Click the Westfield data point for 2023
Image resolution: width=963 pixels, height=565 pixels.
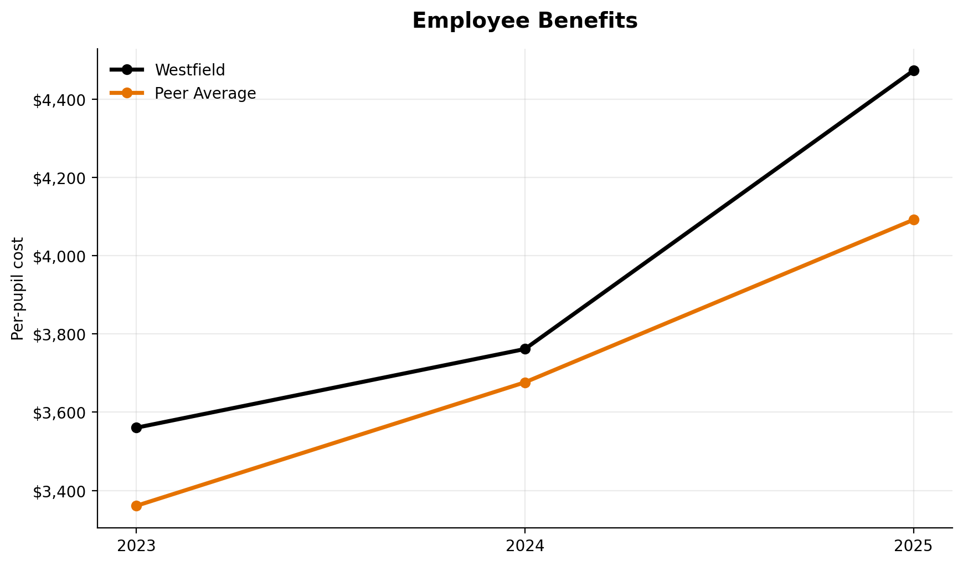pyautogui.click(x=136, y=427)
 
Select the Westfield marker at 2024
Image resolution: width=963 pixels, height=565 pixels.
pyautogui.click(x=525, y=349)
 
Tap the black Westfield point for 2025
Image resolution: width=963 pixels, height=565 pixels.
pyautogui.click(x=914, y=70)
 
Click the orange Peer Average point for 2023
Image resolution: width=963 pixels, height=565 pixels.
pyautogui.click(x=136, y=506)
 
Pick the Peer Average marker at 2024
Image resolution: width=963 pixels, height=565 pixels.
pyautogui.click(x=525, y=383)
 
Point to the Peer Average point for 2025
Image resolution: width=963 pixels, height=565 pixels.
pyautogui.click(x=914, y=220)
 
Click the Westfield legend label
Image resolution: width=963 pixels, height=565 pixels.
pyautogui.click(x=189, y=70)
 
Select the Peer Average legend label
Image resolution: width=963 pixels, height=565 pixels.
pyautogui.click(x=205, y=93)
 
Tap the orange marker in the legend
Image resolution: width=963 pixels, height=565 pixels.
pyautogui.click(x=127, y=93)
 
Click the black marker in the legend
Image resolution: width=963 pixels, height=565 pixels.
pyautogui.click(x=127, y=70)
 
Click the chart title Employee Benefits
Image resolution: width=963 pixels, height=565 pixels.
pyautogui.click(x=524, y=21)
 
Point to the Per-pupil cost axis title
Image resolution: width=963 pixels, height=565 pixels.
pyautogui.click(x=18, y=288)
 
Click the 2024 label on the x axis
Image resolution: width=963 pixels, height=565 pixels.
pyautogui.click(x=525, y=546)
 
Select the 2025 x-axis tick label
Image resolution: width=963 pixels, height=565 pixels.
pyautogui.click(x=914, y=546)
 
